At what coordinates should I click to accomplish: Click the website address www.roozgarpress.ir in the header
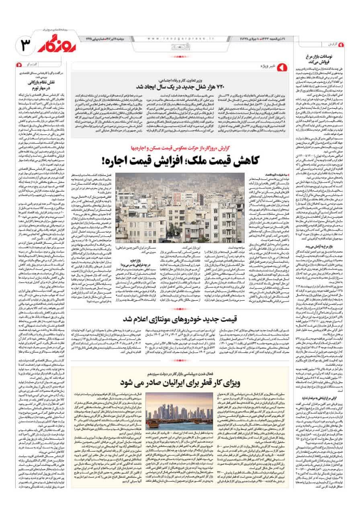172,39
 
